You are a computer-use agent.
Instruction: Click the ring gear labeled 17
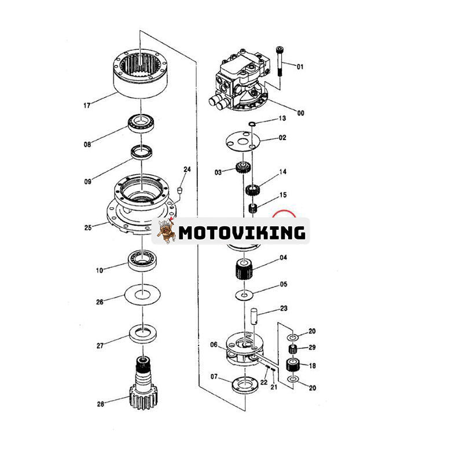[x=141, y=74]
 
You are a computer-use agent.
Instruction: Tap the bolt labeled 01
[x=280, y=61]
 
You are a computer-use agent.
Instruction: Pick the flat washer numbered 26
[x=142, y=295]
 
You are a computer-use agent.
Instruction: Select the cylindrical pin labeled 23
[x=254, y=316]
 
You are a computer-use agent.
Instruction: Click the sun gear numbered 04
[x=244, y=269]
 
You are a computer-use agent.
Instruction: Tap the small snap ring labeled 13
[x=251, y=123]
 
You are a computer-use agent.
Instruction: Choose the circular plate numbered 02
[x=242, y=142]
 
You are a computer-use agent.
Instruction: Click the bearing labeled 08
[x=141, y=123]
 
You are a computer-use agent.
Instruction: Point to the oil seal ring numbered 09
[x=142, y=152]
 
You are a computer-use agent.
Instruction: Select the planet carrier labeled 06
[x=244, y=350]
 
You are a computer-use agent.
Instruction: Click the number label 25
[x=88, y=227]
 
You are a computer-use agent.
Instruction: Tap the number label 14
[x=283, y=171]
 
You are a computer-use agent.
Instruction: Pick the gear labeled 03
[x=244, y=168]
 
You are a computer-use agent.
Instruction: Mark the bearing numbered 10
[x=144, y=260]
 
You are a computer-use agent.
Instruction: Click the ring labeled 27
[x=143, y=334]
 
